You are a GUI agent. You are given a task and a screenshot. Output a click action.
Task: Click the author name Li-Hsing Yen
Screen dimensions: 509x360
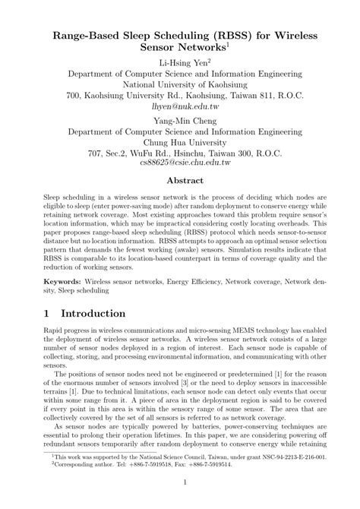click(x=178, y=62)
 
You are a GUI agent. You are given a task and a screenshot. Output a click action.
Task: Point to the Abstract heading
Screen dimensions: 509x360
click(x=179, y=181)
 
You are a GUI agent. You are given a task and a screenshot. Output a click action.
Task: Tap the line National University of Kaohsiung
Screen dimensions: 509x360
click(x=179, y=84)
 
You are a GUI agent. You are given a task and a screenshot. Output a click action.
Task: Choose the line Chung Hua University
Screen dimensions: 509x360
click(x=179, y=140)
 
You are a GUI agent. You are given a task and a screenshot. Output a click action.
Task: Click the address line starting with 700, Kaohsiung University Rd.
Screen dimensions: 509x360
click(x=179, y=96)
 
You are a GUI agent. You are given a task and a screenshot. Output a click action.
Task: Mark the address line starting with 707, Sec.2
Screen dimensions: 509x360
click(x=179, y=151)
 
